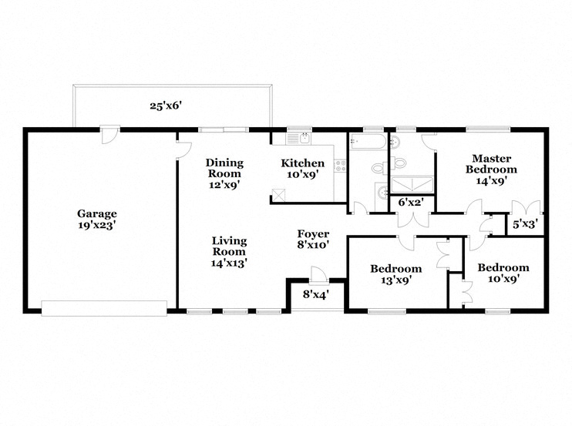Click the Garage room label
point(97,214)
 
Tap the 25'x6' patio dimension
point(166,106)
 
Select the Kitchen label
point(302,163)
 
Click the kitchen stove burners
point(341,166)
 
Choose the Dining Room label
point(224,168)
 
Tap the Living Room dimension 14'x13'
point(229,263)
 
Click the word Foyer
point(313,234)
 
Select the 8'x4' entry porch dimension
point(316,294)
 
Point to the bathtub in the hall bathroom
point(367,142)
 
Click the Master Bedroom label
point(491,164)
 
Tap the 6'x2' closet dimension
point(411,203)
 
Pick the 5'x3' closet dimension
point(525,224)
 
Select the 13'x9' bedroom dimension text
point(396,280)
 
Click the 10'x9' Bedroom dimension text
point(503,279)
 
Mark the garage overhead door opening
point(104,308)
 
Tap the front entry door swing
point(317,274)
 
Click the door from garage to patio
point(110,134)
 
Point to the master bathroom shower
point(412,184)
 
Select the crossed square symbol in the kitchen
point(278,194)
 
